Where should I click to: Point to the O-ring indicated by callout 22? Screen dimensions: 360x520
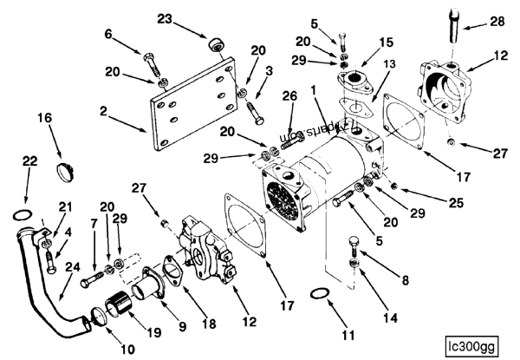[24, 214]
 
